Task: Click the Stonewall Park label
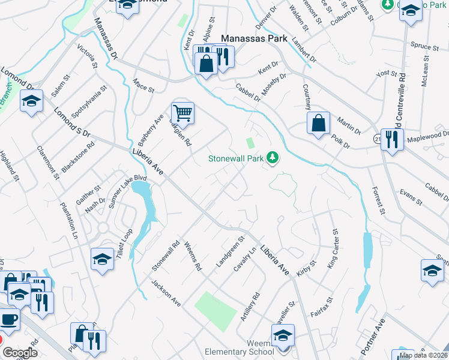click(236, 159)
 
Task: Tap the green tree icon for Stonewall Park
click(274, 158)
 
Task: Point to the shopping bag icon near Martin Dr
click(318, 123)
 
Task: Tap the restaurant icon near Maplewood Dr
click(391, 140)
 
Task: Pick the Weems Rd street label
click(193, 257)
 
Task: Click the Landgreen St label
click(231, 251)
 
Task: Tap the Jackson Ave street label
click(166, 293)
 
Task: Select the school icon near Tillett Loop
click(103, 259)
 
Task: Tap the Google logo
click(20, 353)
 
